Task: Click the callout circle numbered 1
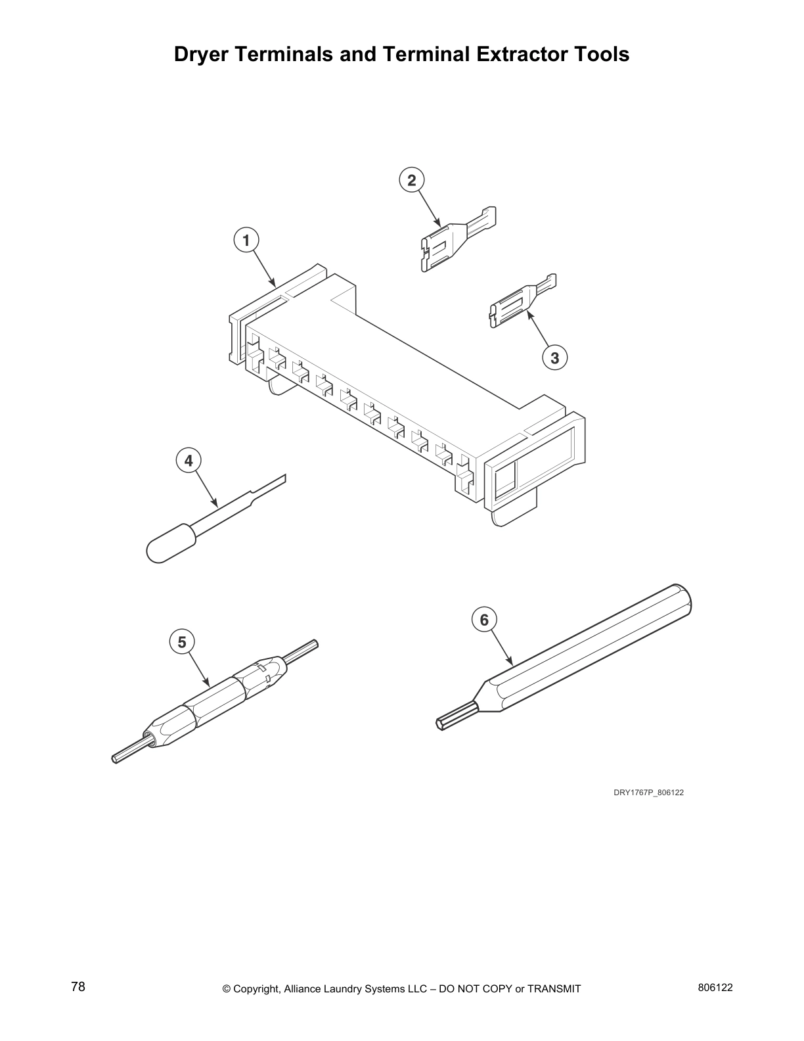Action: click(x=246, y=241)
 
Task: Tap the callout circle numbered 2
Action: click(x=412, y=180)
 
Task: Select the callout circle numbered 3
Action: click(x=555, y=358)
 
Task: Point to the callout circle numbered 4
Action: click(x=189, y=461)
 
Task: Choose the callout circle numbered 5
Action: click(x=182, y=641)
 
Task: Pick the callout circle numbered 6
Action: click(x=485, y=620)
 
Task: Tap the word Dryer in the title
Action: click(x=202, y=54)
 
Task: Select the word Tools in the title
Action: click(x=601, y=54)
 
